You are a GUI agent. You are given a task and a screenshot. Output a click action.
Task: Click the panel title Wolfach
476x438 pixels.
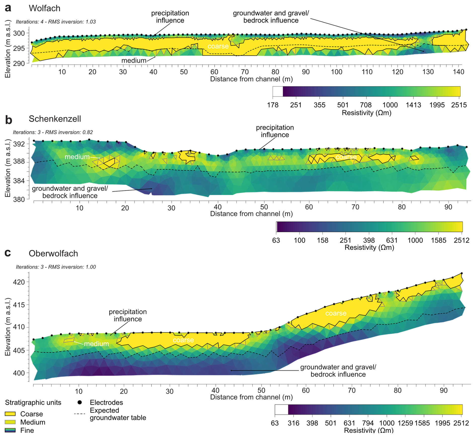pos(45,8)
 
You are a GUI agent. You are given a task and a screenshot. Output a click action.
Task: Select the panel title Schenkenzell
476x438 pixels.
pos(55,119)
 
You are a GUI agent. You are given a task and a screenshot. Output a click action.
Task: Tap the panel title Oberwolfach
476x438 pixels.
pos(53,253)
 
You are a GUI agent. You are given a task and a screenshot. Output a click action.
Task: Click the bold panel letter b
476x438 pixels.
pos(8,120)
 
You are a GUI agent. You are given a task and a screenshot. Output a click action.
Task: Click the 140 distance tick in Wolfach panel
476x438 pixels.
pos(458,72)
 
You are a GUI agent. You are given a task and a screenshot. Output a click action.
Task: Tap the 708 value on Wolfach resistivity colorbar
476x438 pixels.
pos(366,105)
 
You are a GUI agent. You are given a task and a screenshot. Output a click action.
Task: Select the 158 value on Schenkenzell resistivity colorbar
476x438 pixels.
pos(323,240)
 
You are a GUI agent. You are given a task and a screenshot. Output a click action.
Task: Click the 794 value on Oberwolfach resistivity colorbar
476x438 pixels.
pos(368,423)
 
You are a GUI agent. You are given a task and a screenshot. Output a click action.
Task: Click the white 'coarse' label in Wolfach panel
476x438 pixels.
pos(218,46)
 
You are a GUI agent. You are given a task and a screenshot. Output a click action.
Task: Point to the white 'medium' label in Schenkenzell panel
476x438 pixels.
pos(77,157)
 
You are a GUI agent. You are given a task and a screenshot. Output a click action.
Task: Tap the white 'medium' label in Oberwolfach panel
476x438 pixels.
pos(96,344)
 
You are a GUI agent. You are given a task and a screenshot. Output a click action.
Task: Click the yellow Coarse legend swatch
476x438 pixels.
pos(10,414)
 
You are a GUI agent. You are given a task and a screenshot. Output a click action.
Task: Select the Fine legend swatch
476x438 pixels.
pos(10,430)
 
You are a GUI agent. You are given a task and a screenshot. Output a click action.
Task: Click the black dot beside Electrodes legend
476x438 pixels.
pos(80,402)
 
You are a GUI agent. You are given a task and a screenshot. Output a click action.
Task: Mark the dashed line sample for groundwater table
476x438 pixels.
pos(80,414)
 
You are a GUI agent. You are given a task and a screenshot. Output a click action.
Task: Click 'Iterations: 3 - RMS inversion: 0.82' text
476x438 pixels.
pos(53,132)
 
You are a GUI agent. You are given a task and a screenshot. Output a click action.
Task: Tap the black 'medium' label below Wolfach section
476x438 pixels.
pos(134,61)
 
